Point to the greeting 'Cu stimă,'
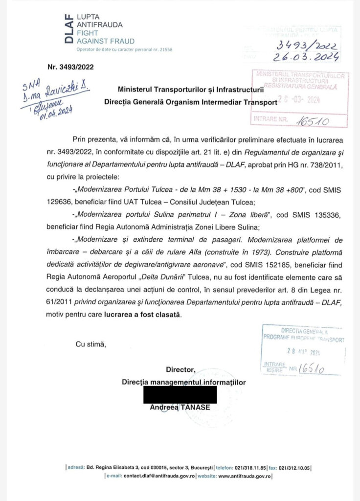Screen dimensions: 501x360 pyautogui.click(x=90, y=344)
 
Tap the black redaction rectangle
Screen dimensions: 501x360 pyautogui.click(x=180, y=394)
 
